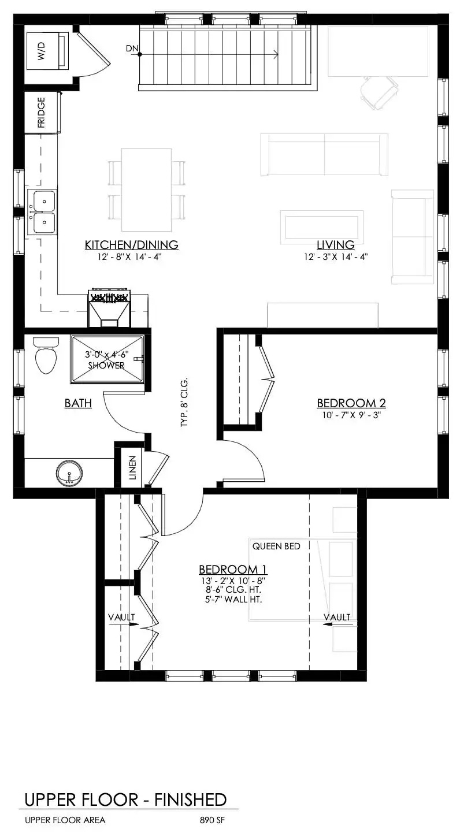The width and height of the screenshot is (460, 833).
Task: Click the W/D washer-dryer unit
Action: point(47,51)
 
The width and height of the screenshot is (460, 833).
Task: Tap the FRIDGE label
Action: point(41,112)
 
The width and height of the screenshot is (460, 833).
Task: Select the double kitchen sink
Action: point(42,212)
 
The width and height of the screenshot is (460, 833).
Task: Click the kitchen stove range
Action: point(109,308)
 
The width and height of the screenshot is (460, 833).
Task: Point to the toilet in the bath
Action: point(46,355)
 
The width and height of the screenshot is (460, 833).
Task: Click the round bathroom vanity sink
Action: point(69,473)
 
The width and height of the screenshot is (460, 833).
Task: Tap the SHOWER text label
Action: point(106,366)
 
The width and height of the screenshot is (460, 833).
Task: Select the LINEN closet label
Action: point(132,467)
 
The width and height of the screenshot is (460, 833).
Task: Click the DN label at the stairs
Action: point(132,49)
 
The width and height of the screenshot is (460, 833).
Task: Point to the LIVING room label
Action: point(335,245)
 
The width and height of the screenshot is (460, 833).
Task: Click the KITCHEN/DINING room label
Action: point(132,245)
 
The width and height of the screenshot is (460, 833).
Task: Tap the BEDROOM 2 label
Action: point(351,403)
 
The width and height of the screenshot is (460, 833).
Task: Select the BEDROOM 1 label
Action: point(233,570)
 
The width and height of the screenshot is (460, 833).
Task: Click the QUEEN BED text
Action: point(276,546)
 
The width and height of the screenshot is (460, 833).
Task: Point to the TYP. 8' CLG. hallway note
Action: point(184,403)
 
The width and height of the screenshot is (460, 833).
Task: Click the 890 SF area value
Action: point(212,820)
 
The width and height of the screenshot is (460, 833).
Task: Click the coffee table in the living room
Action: point(322,227)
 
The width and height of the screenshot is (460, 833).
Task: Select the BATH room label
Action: point(78,403)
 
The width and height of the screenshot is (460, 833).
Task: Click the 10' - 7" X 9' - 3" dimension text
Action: point(351,415)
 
